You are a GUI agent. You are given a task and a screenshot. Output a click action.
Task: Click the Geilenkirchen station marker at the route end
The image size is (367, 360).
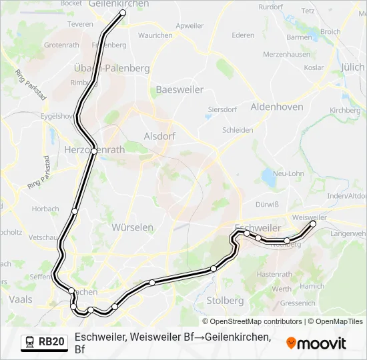pos(123,13)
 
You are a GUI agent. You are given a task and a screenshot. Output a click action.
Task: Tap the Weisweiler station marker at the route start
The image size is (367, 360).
pos(313,223)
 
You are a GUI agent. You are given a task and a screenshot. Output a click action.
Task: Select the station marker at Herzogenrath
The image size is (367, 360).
pos(95,151)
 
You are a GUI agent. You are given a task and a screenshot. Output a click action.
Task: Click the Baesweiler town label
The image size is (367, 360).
pos(179,89)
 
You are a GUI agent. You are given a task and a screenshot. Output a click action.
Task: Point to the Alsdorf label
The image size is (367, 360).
pos(159,136)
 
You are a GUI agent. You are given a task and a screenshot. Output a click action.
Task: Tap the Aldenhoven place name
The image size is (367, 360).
pos(276,107)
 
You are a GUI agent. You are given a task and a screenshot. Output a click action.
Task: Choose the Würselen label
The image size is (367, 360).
pos(132,227)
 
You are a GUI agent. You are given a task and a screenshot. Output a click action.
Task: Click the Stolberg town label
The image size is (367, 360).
pos(225,300)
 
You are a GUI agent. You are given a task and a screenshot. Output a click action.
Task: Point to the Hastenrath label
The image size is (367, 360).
pos(274,274)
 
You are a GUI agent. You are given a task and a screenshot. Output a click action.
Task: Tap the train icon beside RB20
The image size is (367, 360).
pos(30,342)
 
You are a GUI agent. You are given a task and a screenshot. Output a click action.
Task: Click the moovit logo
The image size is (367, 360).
pos(316,343)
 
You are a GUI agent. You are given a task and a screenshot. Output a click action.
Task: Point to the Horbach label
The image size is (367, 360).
pos(45,209)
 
